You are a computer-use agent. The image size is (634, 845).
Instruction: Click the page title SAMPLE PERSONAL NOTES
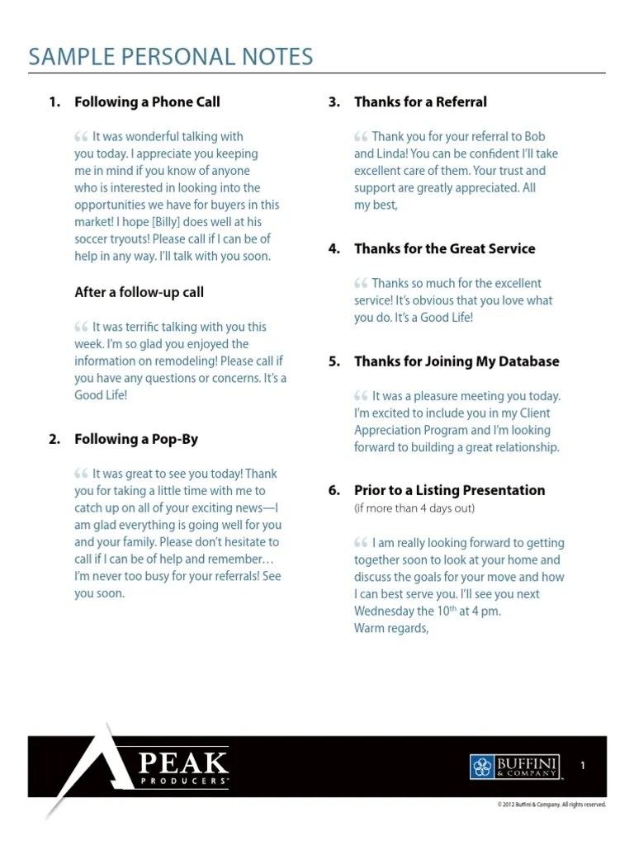click(171, 57)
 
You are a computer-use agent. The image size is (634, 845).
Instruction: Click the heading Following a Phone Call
click(147, 102)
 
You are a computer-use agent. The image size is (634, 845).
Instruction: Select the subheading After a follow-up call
click(139, 292)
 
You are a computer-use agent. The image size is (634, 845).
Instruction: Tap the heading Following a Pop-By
click(136, 439)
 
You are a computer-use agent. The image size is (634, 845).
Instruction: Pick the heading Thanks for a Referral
click(420, 102)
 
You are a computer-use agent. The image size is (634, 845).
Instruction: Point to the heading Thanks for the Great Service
click(444, 248)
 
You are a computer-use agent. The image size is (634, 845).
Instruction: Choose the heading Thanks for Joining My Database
click(457, 361)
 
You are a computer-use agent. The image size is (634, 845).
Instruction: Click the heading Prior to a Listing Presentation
click(449, 490)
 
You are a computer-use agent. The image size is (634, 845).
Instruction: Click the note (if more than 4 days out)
click(414, 508)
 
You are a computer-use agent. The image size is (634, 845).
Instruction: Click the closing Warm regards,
click(392, 629)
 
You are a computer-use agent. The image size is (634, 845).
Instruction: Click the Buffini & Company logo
click(516, 767)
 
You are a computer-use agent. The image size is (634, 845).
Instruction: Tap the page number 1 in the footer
click(583, 767)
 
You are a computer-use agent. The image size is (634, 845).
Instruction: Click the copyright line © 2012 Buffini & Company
click(551, 805)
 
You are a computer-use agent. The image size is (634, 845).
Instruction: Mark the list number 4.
click(334, 248)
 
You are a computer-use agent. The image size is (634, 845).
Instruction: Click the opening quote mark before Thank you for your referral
click(361, 137)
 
